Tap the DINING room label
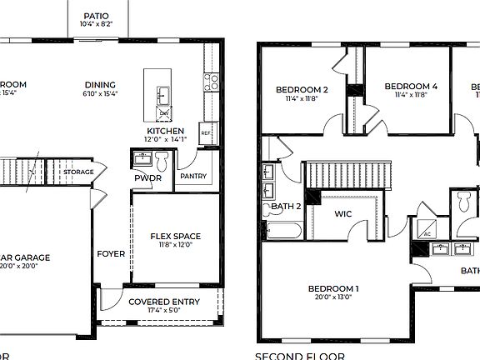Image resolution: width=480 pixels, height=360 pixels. pos(100,84)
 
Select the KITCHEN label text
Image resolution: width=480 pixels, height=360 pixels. pos(165,132)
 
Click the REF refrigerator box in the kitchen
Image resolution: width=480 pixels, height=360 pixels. pos(205,132)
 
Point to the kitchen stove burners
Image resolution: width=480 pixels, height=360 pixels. pos(212,81)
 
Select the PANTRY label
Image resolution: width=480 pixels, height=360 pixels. pos(193,176)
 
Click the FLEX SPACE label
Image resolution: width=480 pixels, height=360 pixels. pos(175,236)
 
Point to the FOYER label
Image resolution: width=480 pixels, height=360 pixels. pos(111,254)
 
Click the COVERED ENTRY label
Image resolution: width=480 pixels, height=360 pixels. pos(162,302)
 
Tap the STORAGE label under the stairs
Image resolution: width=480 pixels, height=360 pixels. pos(79,172)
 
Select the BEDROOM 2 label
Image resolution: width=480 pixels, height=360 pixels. pos(302,89)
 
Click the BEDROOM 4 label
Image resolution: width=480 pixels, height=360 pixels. pos(412,86)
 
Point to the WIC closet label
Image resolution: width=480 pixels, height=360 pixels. pos(343,214)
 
